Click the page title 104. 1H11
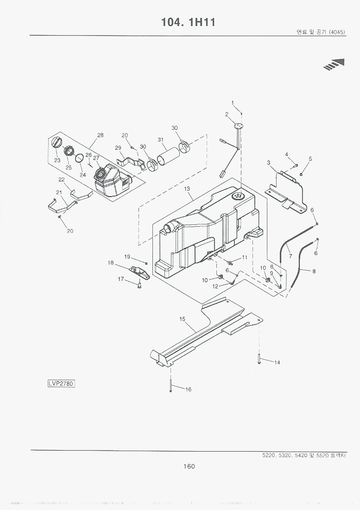188,22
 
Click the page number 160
189,466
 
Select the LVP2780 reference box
61,384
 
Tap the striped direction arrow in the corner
336,64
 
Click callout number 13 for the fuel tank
187,189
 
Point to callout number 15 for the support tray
182,319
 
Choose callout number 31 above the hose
160,140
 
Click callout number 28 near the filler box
100,135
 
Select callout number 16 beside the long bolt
188,389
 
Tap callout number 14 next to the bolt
277,363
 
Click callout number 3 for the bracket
268,163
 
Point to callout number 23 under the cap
57,160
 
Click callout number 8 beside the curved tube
314,271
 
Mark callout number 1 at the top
233,102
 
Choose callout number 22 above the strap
61,179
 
